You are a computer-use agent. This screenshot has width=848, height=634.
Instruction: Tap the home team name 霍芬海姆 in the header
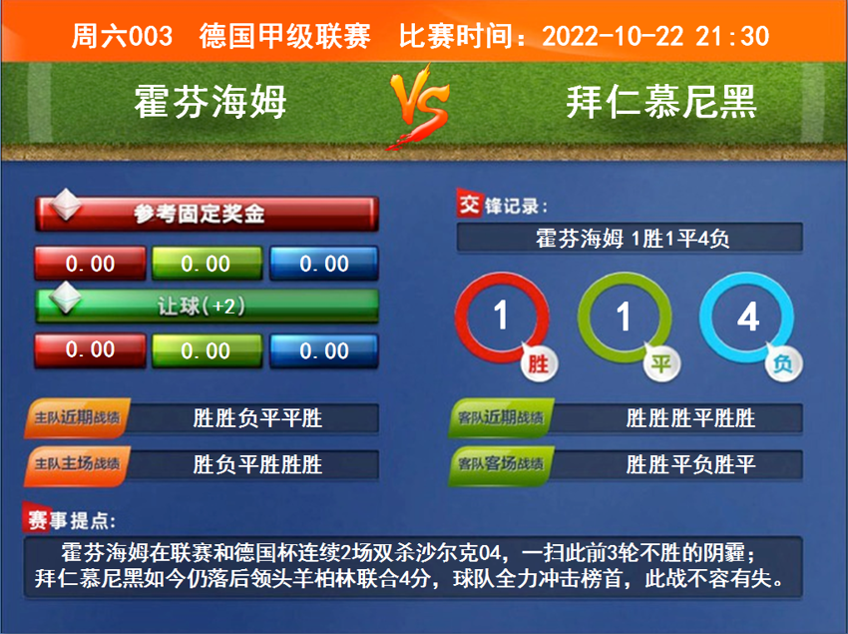(211, 102)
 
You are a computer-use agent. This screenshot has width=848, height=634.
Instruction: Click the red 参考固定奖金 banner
(207, 213)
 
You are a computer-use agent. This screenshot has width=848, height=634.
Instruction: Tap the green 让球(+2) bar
(207, 306)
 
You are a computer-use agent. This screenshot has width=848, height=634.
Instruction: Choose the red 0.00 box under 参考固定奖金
(91, 264)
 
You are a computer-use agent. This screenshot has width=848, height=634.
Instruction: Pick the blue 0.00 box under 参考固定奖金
(324, 264)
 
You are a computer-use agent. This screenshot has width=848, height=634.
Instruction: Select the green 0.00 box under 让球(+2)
(207, 350)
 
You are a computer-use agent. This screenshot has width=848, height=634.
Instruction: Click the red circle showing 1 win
(502, 317)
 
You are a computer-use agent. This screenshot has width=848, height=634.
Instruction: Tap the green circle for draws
(625, 317)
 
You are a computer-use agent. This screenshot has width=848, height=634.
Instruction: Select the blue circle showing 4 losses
(748, 317)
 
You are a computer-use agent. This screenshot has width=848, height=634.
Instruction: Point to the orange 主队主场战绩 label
(78, 464)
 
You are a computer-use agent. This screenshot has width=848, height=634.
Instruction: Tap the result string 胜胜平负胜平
(690, 464)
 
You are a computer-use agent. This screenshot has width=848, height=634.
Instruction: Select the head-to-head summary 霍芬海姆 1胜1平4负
(630, 239)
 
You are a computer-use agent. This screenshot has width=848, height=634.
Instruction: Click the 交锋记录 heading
(502, 206)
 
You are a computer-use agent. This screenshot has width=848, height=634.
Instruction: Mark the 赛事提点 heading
(70, 520)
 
